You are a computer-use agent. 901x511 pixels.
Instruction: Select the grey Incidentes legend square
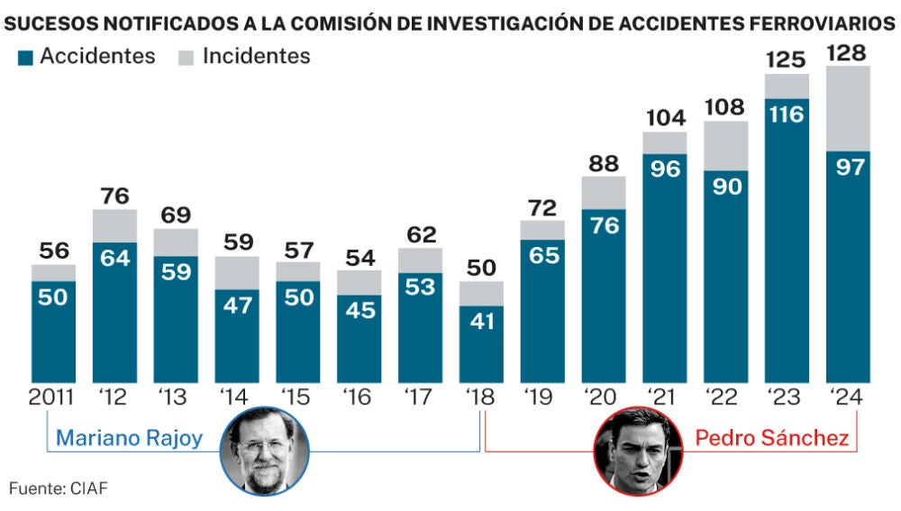pos(187,58)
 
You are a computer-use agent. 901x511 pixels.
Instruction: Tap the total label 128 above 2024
pos(847,52)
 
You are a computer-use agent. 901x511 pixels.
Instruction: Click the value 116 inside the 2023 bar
pos(786,115)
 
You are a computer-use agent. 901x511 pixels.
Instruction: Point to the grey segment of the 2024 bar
pos(847,108)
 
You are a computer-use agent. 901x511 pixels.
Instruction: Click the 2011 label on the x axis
pos(53,397)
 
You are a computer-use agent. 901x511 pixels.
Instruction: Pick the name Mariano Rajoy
pos(128,439)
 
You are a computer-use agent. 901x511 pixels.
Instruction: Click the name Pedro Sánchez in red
pos(771,439)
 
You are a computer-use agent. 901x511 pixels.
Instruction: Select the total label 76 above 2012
pos(114,196)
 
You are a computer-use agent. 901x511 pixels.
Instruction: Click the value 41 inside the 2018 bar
pos(482,322)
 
